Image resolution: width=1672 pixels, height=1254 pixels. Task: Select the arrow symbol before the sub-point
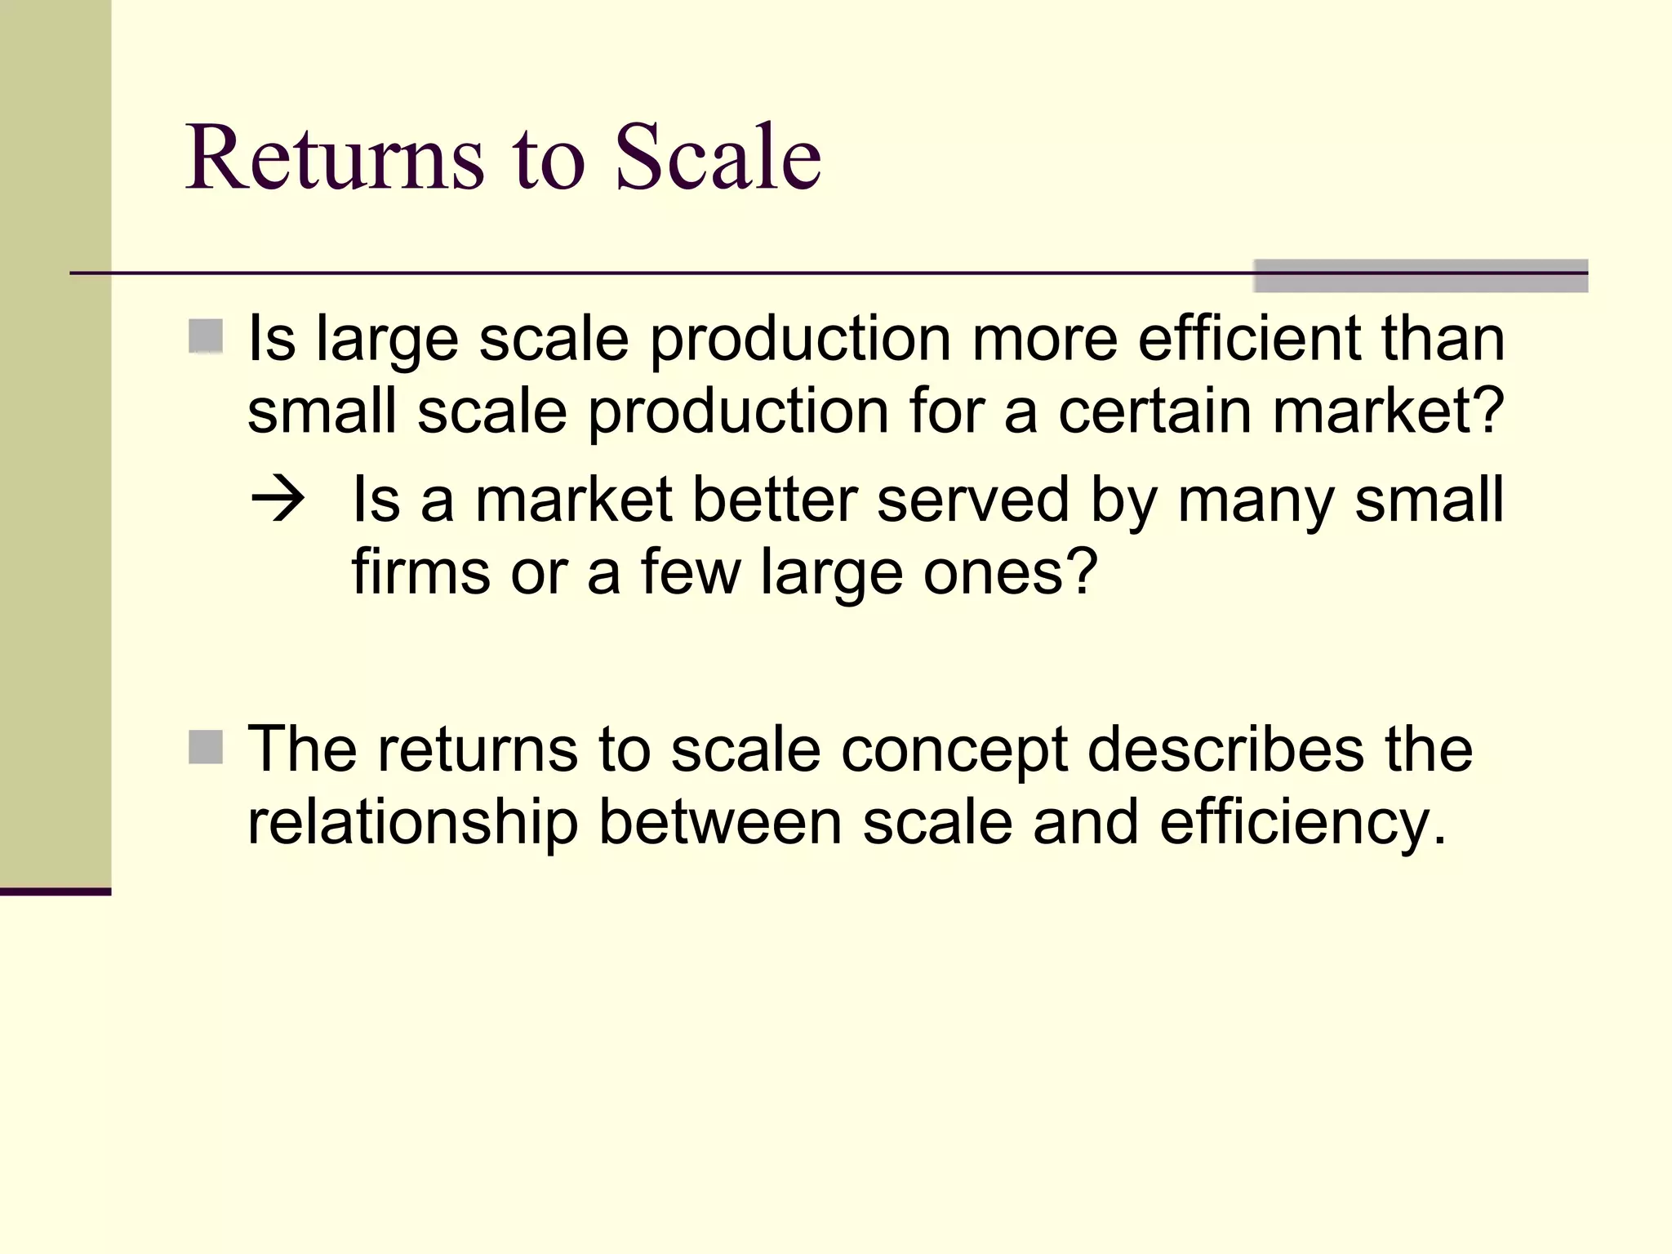coord(278,499)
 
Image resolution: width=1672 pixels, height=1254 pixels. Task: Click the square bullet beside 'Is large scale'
coord(206,336)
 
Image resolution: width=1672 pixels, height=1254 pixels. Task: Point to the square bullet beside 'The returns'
coord(206,747)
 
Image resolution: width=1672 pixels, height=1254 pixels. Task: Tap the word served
coord(972,500)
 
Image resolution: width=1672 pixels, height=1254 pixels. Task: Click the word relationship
coord(412,823)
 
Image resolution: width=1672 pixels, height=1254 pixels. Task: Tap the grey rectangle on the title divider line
coord(1421,276)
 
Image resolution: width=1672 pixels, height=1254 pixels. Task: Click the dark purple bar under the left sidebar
coord(56,892)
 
